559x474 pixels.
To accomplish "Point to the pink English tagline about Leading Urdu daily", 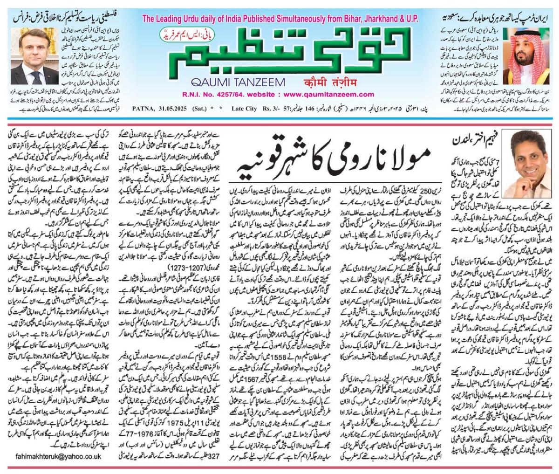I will pyautogui.click(x=280, y=20).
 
